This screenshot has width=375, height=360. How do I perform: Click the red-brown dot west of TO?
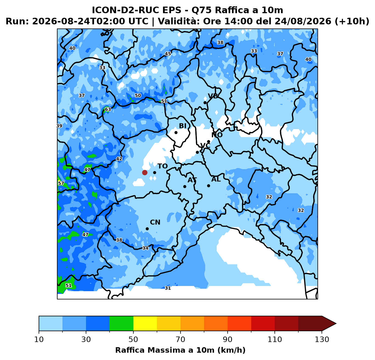(x=145, y=172)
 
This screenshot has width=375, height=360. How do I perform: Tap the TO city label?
(x=162, y=166)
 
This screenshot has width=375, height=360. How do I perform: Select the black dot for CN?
(x=147, y=229)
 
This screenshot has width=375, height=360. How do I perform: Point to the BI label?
(x=182, y=126)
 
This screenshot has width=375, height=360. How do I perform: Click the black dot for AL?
(x=208, y=186)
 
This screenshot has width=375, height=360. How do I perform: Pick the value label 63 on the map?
(x=108, y=109)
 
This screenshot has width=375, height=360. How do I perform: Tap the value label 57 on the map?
(x=61, y=183)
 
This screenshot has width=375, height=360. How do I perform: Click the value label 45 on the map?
(x=168, y=54)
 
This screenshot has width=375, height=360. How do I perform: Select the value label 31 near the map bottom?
(x=168, y=288)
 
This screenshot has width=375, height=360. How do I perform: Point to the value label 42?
(x=119, y=159)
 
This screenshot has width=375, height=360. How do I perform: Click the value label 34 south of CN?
(x=145, y=248)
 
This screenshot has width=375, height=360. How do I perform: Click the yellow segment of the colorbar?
(x=145, y=324)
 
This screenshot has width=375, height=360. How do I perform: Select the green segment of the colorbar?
(x=121, y=324)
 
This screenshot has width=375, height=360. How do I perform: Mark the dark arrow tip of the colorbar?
(x=336, y=324)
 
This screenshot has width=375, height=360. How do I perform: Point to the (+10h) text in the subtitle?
(x=352, y=21)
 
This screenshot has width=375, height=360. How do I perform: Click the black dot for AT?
(x=185, y=186)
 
